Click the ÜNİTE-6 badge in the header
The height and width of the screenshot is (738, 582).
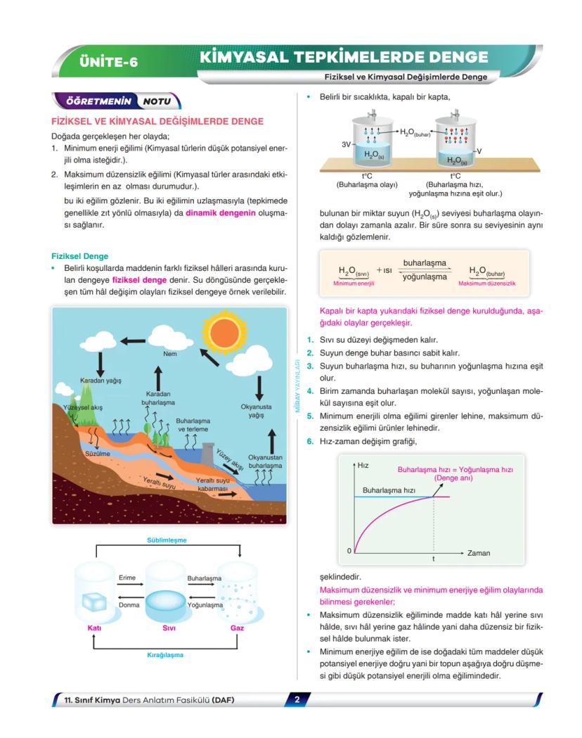[x=109, y=62]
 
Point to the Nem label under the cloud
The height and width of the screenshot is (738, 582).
[x=169, y=354]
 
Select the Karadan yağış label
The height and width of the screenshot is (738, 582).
[x=101, y=381]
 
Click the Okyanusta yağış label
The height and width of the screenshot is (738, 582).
[x=256, y=410]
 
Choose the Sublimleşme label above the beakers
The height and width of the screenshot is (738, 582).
[x=166, y=540]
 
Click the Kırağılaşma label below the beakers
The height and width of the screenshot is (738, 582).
[x=165, y=655]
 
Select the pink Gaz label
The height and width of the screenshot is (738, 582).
[x=237, y=628]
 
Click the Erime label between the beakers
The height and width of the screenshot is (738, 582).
[x=127, y=578]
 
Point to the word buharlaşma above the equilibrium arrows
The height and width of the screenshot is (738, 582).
[x=425, y=262]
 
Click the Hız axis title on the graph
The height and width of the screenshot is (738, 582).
[x=363, y=466]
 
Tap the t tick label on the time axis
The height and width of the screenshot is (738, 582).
[x=433, y=559]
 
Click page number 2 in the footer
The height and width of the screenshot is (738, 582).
[x=297, y=699]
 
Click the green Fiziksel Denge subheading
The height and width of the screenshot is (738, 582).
[x=80, y=256]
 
